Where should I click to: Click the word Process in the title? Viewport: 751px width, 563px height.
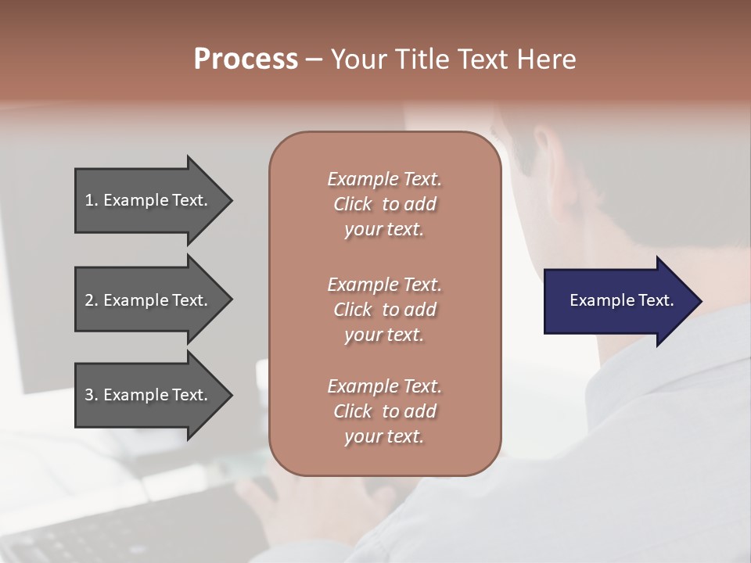click(x=246, y=59)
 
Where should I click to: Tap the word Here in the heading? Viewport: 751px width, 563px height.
click(x=548, y=59)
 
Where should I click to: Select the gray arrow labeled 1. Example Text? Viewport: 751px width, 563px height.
click(x=149, y=200)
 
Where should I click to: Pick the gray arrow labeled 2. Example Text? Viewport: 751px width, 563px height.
click(x=149, y=300)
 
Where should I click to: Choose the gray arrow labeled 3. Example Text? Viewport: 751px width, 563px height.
click(x=149, y=395)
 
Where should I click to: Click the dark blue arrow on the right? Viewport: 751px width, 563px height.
click(x=618, y=301)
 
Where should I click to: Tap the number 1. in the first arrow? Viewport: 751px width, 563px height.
click(x=92, y=200)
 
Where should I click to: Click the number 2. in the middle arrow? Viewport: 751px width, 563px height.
click(x=92, y=300)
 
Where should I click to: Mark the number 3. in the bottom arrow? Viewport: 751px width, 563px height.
click(x=92, y=395)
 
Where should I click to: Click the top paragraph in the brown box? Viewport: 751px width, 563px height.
click(x=384, y=204)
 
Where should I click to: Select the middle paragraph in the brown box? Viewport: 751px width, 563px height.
click(x=384, y=310)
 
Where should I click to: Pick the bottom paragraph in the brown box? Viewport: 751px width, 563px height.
click(x=384, y=411)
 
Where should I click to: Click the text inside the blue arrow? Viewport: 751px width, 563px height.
click(x=621, y=300)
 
